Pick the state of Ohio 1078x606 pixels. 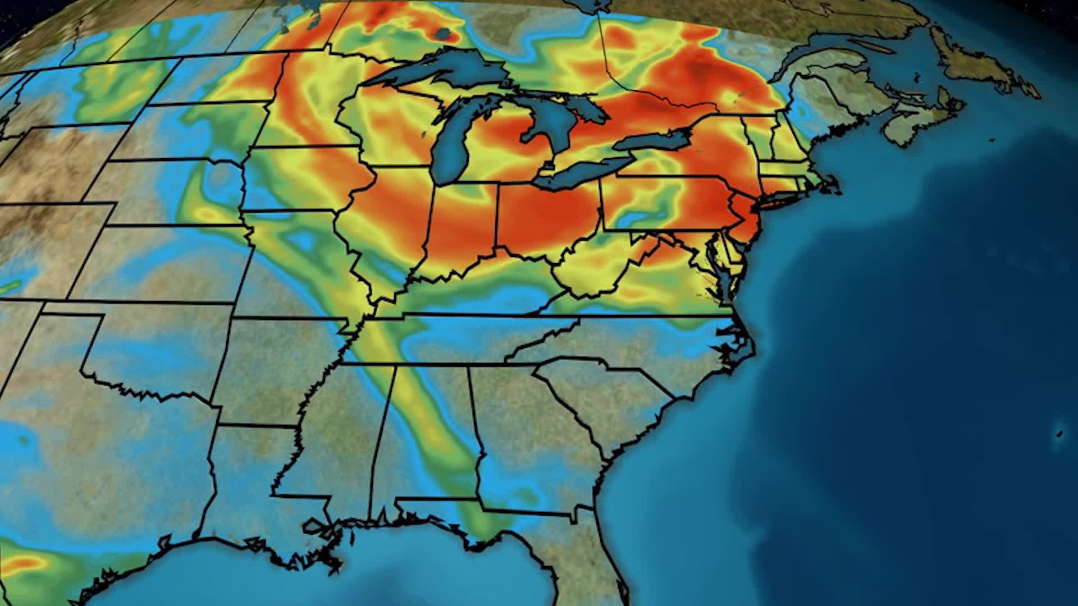click(x=545, y=219)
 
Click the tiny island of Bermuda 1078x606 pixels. click(x=1059, y=433)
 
